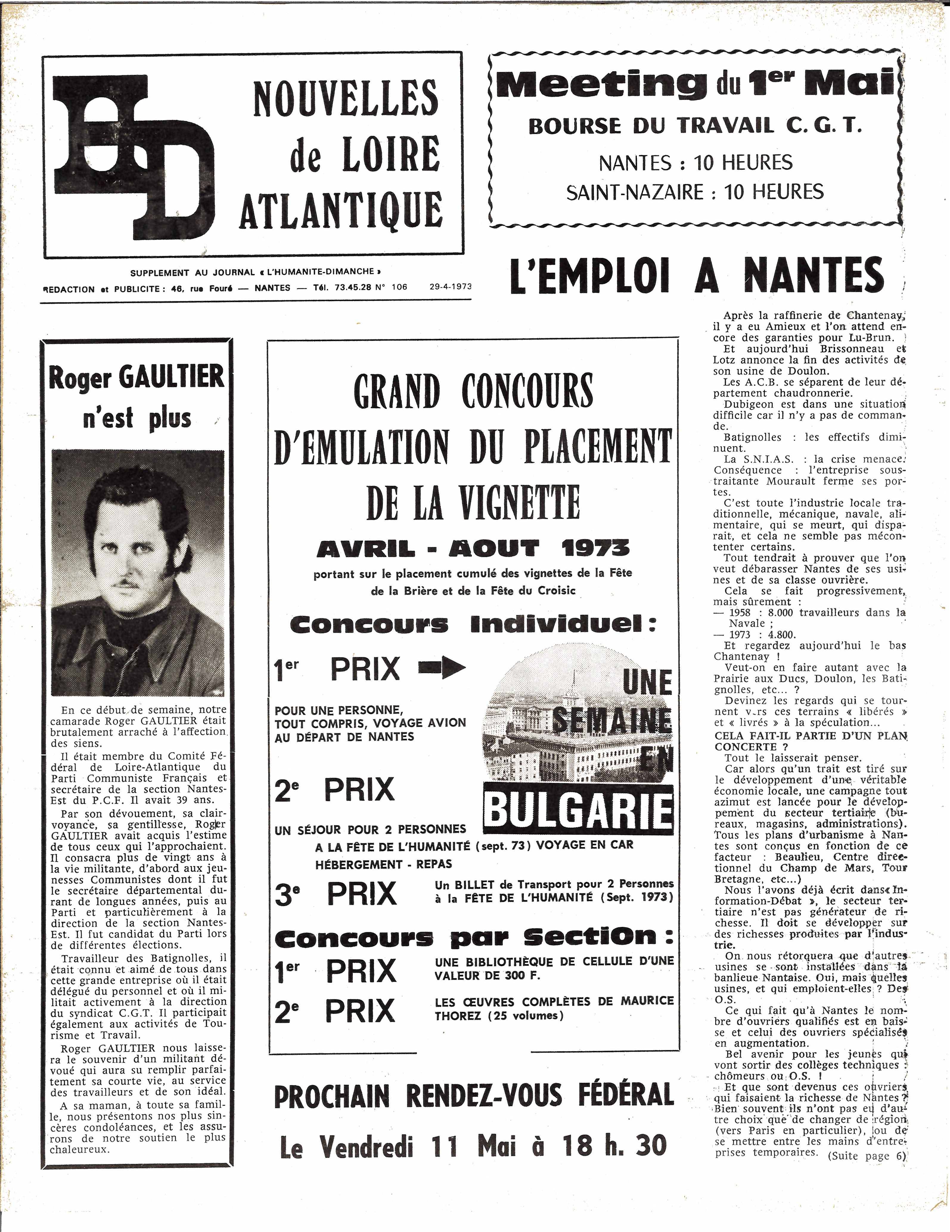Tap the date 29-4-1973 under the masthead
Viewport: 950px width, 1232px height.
coord(450,286)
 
